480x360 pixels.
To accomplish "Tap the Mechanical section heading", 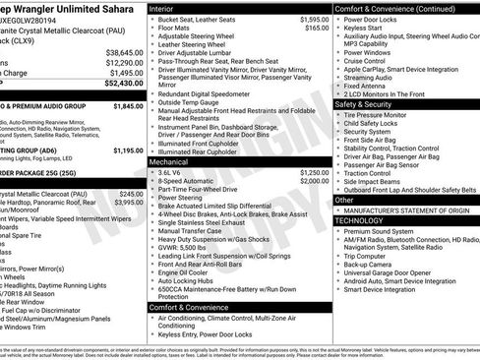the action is pyautogui.click(x=172, y=160).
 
